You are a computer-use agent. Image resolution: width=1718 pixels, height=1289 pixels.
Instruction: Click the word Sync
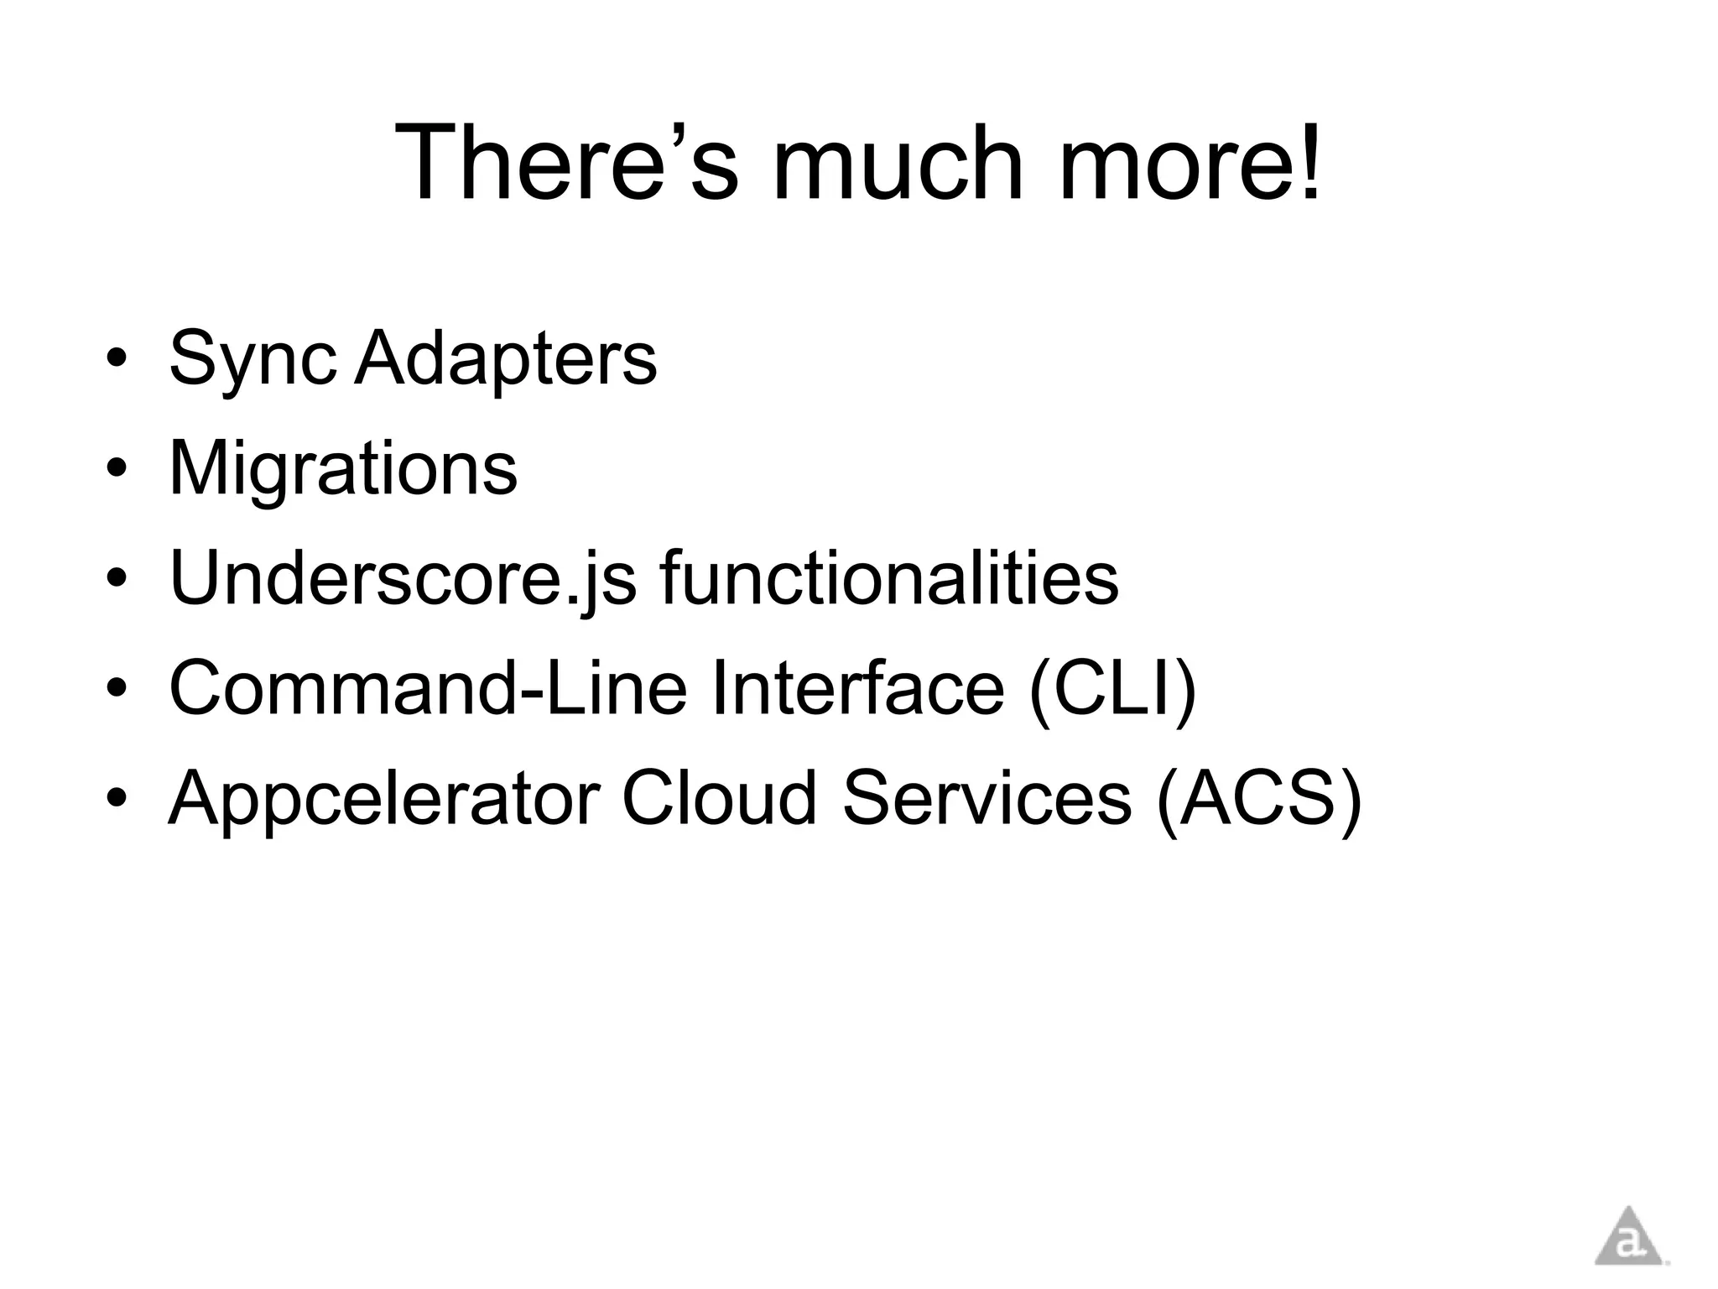click(252, 359)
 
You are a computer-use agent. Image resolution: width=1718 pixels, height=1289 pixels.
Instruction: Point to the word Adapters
click(505, 359)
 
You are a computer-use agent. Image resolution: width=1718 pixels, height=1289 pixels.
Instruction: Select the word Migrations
click(343, 467)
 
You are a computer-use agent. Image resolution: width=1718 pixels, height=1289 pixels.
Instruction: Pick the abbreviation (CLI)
click(1112, 687)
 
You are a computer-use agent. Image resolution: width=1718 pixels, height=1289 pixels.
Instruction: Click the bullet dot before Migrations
click(117, 468)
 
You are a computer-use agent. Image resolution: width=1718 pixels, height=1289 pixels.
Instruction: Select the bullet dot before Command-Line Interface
click(117, 689)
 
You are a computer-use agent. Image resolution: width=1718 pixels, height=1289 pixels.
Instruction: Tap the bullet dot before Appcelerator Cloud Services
click(117, 798)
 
